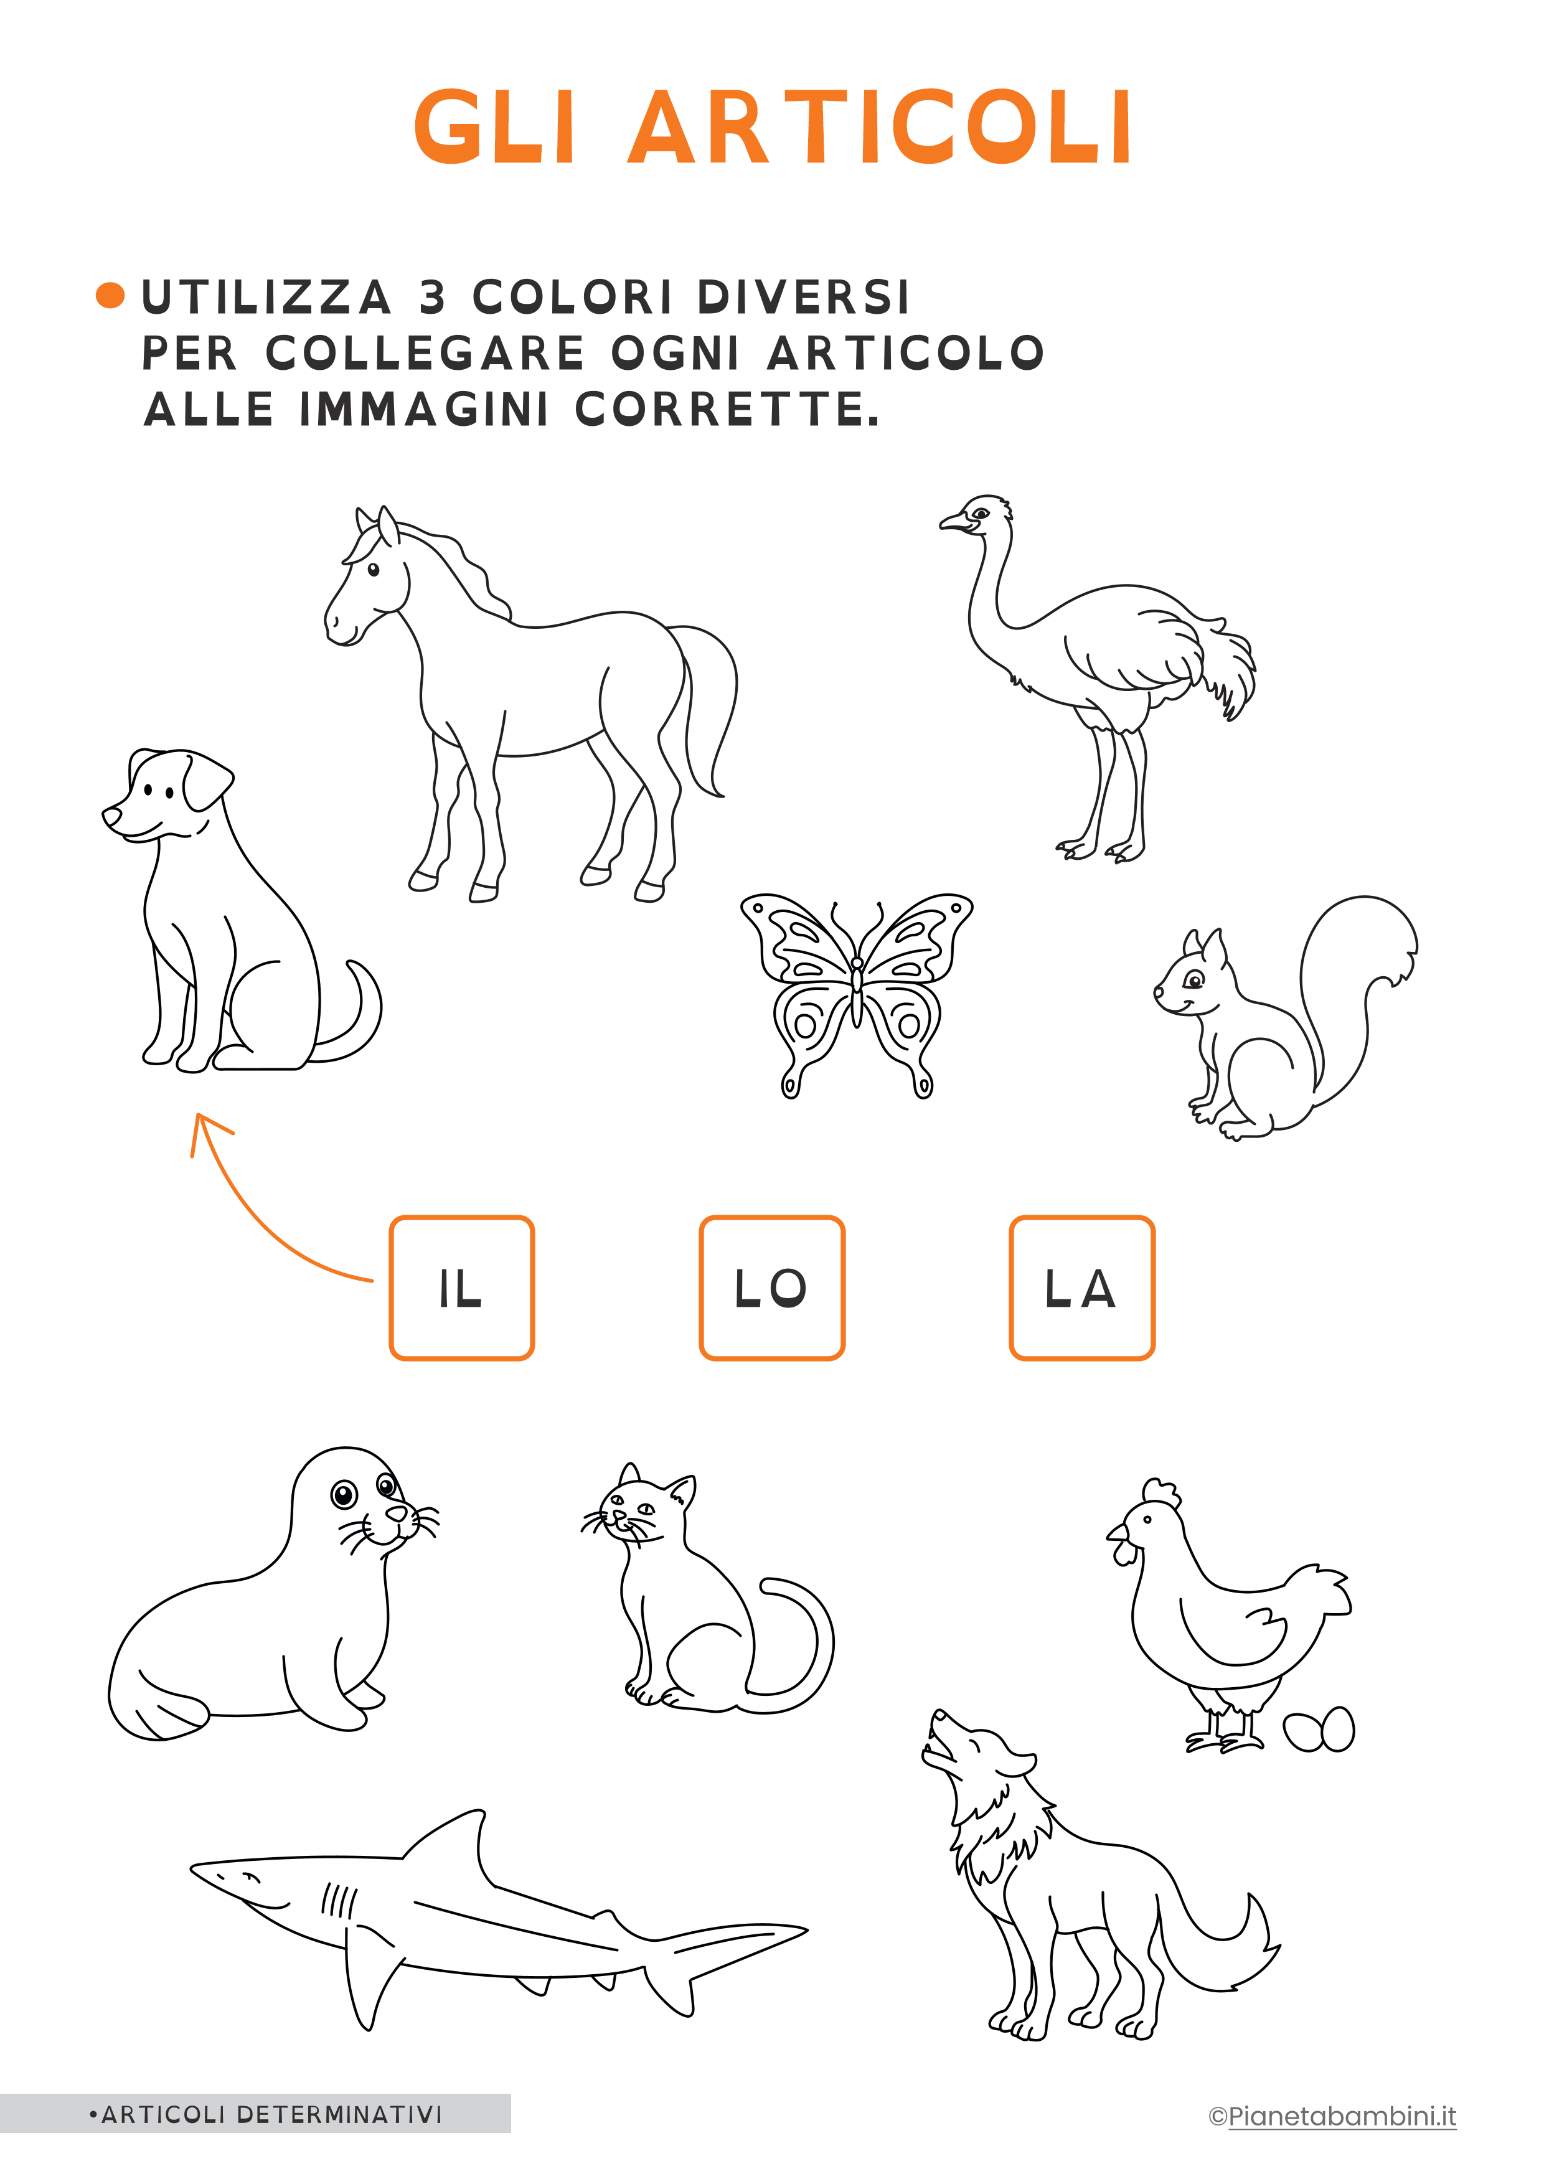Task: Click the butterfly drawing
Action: click(x=856, y=994)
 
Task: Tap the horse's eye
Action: click(x=374, y=570)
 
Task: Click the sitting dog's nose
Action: click(x=111, y=816)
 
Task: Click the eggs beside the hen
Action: click(x=1319, y=1730)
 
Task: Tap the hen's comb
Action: click(x=1162, y=1492)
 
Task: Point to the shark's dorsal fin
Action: click(x=447, y=1837)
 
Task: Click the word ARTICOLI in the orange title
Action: click(x=880, y=128)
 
